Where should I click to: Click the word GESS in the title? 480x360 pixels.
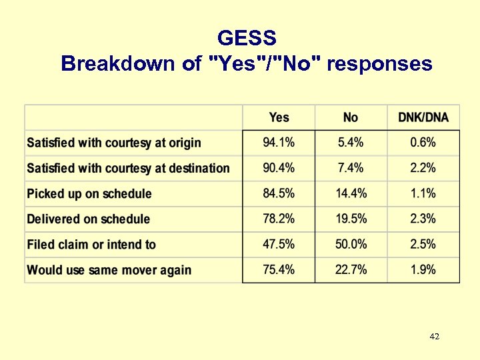[x=247, y=37]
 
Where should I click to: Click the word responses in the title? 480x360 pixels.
[x=380, y=64]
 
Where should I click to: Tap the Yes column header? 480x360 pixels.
[x=279, y=117]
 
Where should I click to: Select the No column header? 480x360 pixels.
[x=351, y=117]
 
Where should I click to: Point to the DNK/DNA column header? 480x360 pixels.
[x=423, y=117]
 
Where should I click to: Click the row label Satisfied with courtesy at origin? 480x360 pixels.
[x=114, y=143]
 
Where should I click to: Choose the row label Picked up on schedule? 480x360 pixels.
[x=89, y=194]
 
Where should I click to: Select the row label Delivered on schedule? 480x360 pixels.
[x=89, y=219]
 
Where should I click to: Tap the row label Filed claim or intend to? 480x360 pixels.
[x=91, y=245]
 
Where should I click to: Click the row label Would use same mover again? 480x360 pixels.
[x=109, y=270]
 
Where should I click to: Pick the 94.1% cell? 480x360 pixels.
[x=279, y=143]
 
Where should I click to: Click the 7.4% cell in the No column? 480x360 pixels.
[x=351, y=168]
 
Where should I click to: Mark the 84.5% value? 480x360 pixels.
[x=279, y=193]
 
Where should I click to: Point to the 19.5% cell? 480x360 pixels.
[x=351, y=219]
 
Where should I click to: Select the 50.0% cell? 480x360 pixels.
[x=351, y=244]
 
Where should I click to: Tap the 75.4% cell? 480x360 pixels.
[x=279, y=269]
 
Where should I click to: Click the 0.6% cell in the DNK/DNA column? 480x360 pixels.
[x=423, y=143]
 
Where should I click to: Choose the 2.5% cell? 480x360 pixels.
[x=423, y=244]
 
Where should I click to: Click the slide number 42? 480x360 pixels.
[x=435, y=337]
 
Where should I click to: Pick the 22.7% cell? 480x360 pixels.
[x=351, y=269]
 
